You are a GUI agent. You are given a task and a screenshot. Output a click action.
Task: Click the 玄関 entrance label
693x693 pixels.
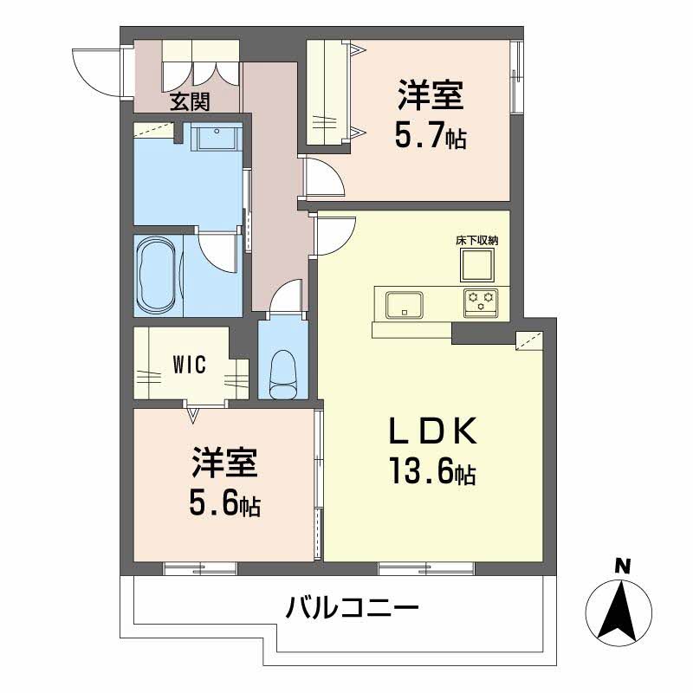point(189,102)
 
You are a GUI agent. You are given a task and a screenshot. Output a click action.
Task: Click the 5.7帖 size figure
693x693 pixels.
point(431,135)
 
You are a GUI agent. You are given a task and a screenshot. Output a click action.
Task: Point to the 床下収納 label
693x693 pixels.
point(476,240)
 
